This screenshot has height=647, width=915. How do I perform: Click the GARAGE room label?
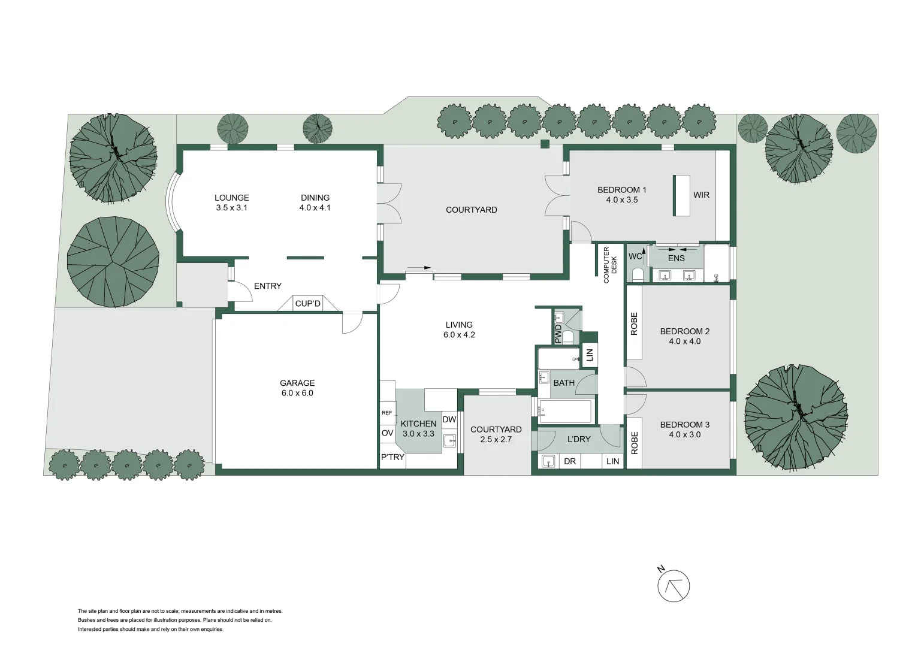coord(297,383)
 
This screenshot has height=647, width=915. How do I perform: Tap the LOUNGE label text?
coord(232,198)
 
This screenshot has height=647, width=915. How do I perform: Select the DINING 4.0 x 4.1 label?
coord(315,203)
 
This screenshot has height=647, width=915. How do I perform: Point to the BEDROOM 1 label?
coord(621,190)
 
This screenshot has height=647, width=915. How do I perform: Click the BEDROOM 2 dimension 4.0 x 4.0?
coord(684,341)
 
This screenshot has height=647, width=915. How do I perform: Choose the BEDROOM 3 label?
coord(684,425)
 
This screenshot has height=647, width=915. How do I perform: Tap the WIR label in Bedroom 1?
coord(701,195)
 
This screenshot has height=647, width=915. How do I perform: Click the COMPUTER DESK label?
coord(609,265)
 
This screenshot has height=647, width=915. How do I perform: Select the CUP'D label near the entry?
coord(308,304)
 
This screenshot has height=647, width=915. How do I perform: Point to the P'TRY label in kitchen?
coord(393,457)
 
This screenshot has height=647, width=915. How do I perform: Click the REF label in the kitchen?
coord(387,413)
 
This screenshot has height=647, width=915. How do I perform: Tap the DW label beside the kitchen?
coord(449,419)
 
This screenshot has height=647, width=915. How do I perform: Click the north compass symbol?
coord(674,586)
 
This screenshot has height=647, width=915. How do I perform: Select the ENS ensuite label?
coord(676,258)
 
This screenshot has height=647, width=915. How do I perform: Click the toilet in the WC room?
coord(637,275)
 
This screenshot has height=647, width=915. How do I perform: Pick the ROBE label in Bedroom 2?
coord(634,324)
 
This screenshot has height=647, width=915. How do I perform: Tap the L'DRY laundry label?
coord(579,439)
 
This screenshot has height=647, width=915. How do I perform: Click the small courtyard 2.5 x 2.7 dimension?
coord(496,440)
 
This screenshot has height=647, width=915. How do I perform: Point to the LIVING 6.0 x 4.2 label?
coord(459,330)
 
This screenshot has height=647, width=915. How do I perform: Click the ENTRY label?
coord(267,286)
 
